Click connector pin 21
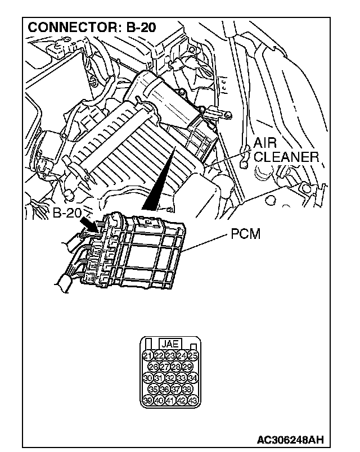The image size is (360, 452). pos(147,356)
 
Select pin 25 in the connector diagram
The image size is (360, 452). pos(193,356)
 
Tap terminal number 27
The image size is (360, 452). pos(164,367)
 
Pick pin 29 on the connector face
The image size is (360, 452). pos(187,367)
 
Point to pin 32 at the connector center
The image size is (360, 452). pos(170,378)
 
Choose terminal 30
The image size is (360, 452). pos(147,378)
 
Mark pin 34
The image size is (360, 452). pos(193,378)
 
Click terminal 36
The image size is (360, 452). pos(164,389)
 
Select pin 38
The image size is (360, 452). pos(187,389)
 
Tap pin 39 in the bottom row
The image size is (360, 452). pos(147,400)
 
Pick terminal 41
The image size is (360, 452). pos(170,400)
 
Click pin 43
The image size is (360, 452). pos(193,400)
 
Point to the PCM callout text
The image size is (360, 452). pos(246,233)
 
